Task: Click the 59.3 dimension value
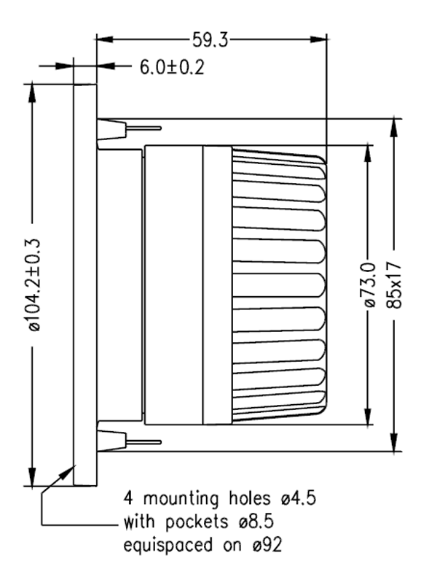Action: coord(210,40)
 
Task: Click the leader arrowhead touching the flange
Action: coord(72,468)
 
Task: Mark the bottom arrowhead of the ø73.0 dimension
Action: coord(368,417)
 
